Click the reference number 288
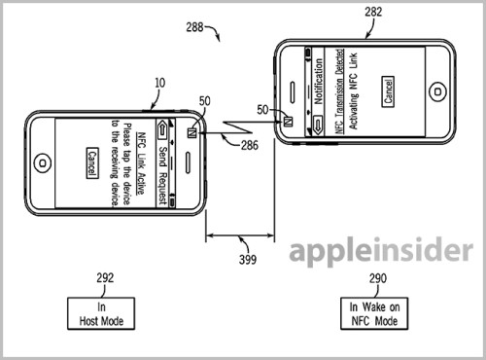click(x=194, y=27)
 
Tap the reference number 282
click(x=373, y=12)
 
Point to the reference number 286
click(x=250, y=145)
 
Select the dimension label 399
click(x=248, y=260)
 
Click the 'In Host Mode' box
click(x=101, y=313)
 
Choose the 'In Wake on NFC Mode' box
click(x=374, y=313)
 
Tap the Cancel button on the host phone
click(x=92, y=163)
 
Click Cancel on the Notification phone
click(x=388, y=91)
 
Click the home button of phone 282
click(x=437, y=92)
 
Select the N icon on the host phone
click(x=192, y=133)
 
